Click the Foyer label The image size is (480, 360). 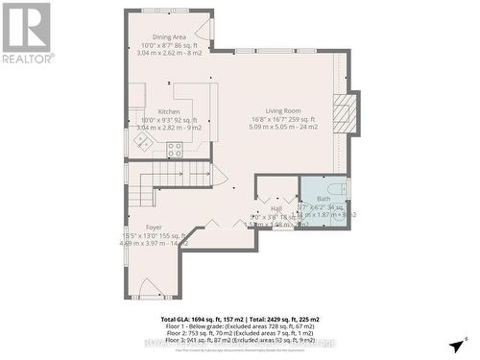[x=155, y=228]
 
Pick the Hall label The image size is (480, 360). [x=276, y=208]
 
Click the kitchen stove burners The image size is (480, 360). [x=175, y=150]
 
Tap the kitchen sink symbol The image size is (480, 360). [x=143, y=141]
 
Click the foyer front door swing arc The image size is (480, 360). [x=150, y=287]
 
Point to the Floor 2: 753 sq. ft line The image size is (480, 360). [x=239, y=333]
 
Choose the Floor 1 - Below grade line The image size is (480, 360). [x=239, y=325]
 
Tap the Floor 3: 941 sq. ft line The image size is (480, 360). [x=239, y=341]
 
